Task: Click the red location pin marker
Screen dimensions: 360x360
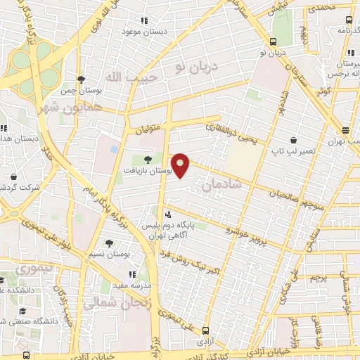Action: pyautogui.click(x=181, y=165)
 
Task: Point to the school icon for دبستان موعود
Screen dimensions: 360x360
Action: pyautogui.click(x=144, y=20)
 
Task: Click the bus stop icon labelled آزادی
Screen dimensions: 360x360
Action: pyautogui.click(x=205, y=330)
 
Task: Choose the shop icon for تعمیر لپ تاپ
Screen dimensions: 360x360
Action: pyautogui.click(x=292, y=141)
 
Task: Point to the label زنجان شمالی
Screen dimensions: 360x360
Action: pyautogui.click(x=110, y=304)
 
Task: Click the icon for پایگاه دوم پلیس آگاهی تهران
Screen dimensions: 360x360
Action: pyautogui.click(x=167, y=215)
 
